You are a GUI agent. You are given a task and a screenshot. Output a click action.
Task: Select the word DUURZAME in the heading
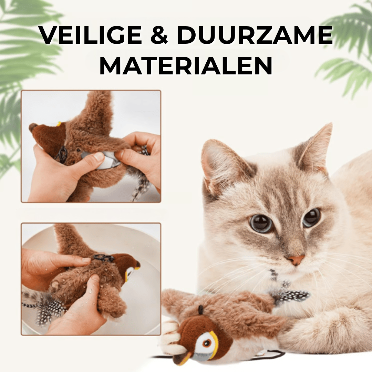tap(255, 35)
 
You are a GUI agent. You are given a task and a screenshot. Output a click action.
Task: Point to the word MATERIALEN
tap(186, 65)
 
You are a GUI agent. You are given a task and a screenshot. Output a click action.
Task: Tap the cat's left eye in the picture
tap(261, 223)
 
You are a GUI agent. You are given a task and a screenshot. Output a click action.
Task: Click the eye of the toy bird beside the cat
tap(207, 343)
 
